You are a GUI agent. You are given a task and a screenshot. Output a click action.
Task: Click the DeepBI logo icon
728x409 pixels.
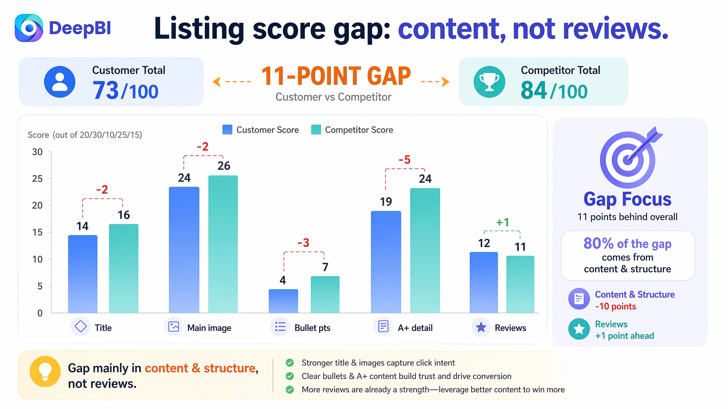click(29, 28)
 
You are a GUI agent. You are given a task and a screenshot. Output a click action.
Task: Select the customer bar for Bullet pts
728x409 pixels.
click(283, 301)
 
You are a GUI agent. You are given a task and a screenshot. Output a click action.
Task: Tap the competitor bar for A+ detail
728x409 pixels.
click(425, 251)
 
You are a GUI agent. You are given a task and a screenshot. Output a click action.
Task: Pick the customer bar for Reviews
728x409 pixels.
click(484, 283)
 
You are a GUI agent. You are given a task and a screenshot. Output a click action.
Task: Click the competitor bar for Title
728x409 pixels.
click(124, 268)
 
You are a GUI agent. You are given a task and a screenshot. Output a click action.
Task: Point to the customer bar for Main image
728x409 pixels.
click(184, 250)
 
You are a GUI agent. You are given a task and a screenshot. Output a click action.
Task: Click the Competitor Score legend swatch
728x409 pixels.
click(316, 130)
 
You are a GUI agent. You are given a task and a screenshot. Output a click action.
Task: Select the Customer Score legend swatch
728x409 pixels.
click(227, 130)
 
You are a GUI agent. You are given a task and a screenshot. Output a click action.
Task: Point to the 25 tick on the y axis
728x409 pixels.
click(37, 179)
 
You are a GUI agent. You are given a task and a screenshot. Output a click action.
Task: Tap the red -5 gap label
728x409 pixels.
click(405, 160)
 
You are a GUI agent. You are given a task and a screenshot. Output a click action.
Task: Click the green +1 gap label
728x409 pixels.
click(503, 222)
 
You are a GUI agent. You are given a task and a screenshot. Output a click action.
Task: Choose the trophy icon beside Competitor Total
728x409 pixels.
click(489, 82)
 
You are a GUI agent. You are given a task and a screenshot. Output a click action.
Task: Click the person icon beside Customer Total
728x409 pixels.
click(60, 82)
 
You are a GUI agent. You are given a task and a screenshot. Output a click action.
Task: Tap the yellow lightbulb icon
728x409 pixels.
click(45, 371)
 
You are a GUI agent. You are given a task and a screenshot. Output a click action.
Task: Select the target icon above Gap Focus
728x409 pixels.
click(629, 158)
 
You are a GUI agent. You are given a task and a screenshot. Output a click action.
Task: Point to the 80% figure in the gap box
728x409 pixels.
click(599, 244)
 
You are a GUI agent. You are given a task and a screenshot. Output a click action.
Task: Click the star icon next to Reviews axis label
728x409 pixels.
click(481, 327)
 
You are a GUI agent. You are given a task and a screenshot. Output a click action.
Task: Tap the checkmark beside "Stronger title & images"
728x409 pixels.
click(290, 362)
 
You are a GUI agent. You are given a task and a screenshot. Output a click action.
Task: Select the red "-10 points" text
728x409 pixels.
click(616, 306)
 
